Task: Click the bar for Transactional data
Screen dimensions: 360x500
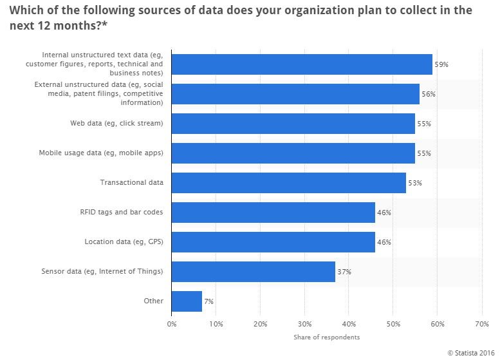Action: coord(289,182)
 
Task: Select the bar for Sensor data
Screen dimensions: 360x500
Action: coord(254,271)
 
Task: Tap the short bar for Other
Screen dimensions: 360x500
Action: coord(187,301)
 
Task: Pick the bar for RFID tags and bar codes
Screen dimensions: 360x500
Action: coord(273,212)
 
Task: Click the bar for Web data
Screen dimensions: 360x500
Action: coord(293,123)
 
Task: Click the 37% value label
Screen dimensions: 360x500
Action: coord(344,272)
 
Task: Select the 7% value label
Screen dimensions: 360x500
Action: coord(208,301)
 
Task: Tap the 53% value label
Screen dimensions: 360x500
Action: coord(414,183)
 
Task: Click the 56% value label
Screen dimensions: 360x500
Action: coord(428,94)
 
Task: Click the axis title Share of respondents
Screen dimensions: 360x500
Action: coord(326,337)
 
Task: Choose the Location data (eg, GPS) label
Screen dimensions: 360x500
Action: coord(124,242)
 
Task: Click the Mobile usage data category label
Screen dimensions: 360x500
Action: coord(101,153)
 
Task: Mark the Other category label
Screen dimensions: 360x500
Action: coord(154,301)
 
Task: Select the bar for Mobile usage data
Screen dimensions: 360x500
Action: coord(293,153)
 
